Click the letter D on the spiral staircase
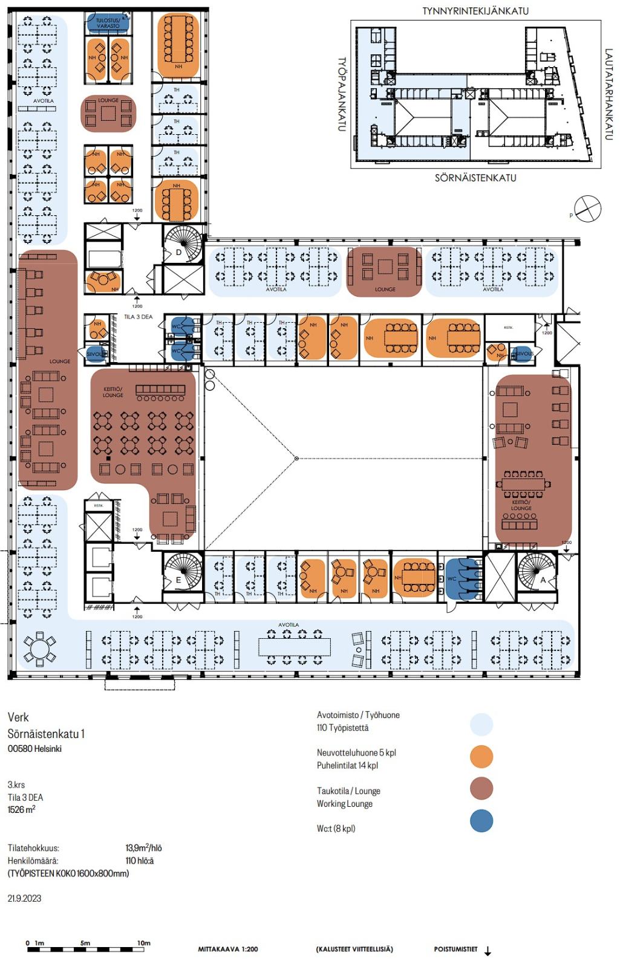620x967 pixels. pyautogui.click(x=178, y=253)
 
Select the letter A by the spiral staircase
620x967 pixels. pyautogui.click(x=543, y=579)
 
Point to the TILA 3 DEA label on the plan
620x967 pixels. pyautogui.click(x=138, y=316)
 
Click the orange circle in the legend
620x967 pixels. pyautogui.click(x=481, y=756)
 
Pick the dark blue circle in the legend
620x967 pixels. pyautogui.click(x=481, y=821)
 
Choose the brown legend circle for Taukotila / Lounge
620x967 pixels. pyautogui.click(x=481, y=788)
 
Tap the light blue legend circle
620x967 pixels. pyautogui.click(x=481, y=724)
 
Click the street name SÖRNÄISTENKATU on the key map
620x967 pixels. pyautogui.click(x=475, y=178)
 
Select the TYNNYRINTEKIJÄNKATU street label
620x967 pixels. pyautogui.click(x=475, y=11)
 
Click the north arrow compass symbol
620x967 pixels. pyautogui.click(x=588, y=209)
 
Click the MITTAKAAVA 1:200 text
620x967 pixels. pyautogui.click(x=227, y=949)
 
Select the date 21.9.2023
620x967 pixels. pyautogui.click(x=25, y=898)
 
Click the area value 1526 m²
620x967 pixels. pyautogui.click(x=21, y=810)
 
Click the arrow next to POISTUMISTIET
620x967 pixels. pyautogui.click(x=488, y=951)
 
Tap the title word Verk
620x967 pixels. pyautogui.click(x=18, y=717)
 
